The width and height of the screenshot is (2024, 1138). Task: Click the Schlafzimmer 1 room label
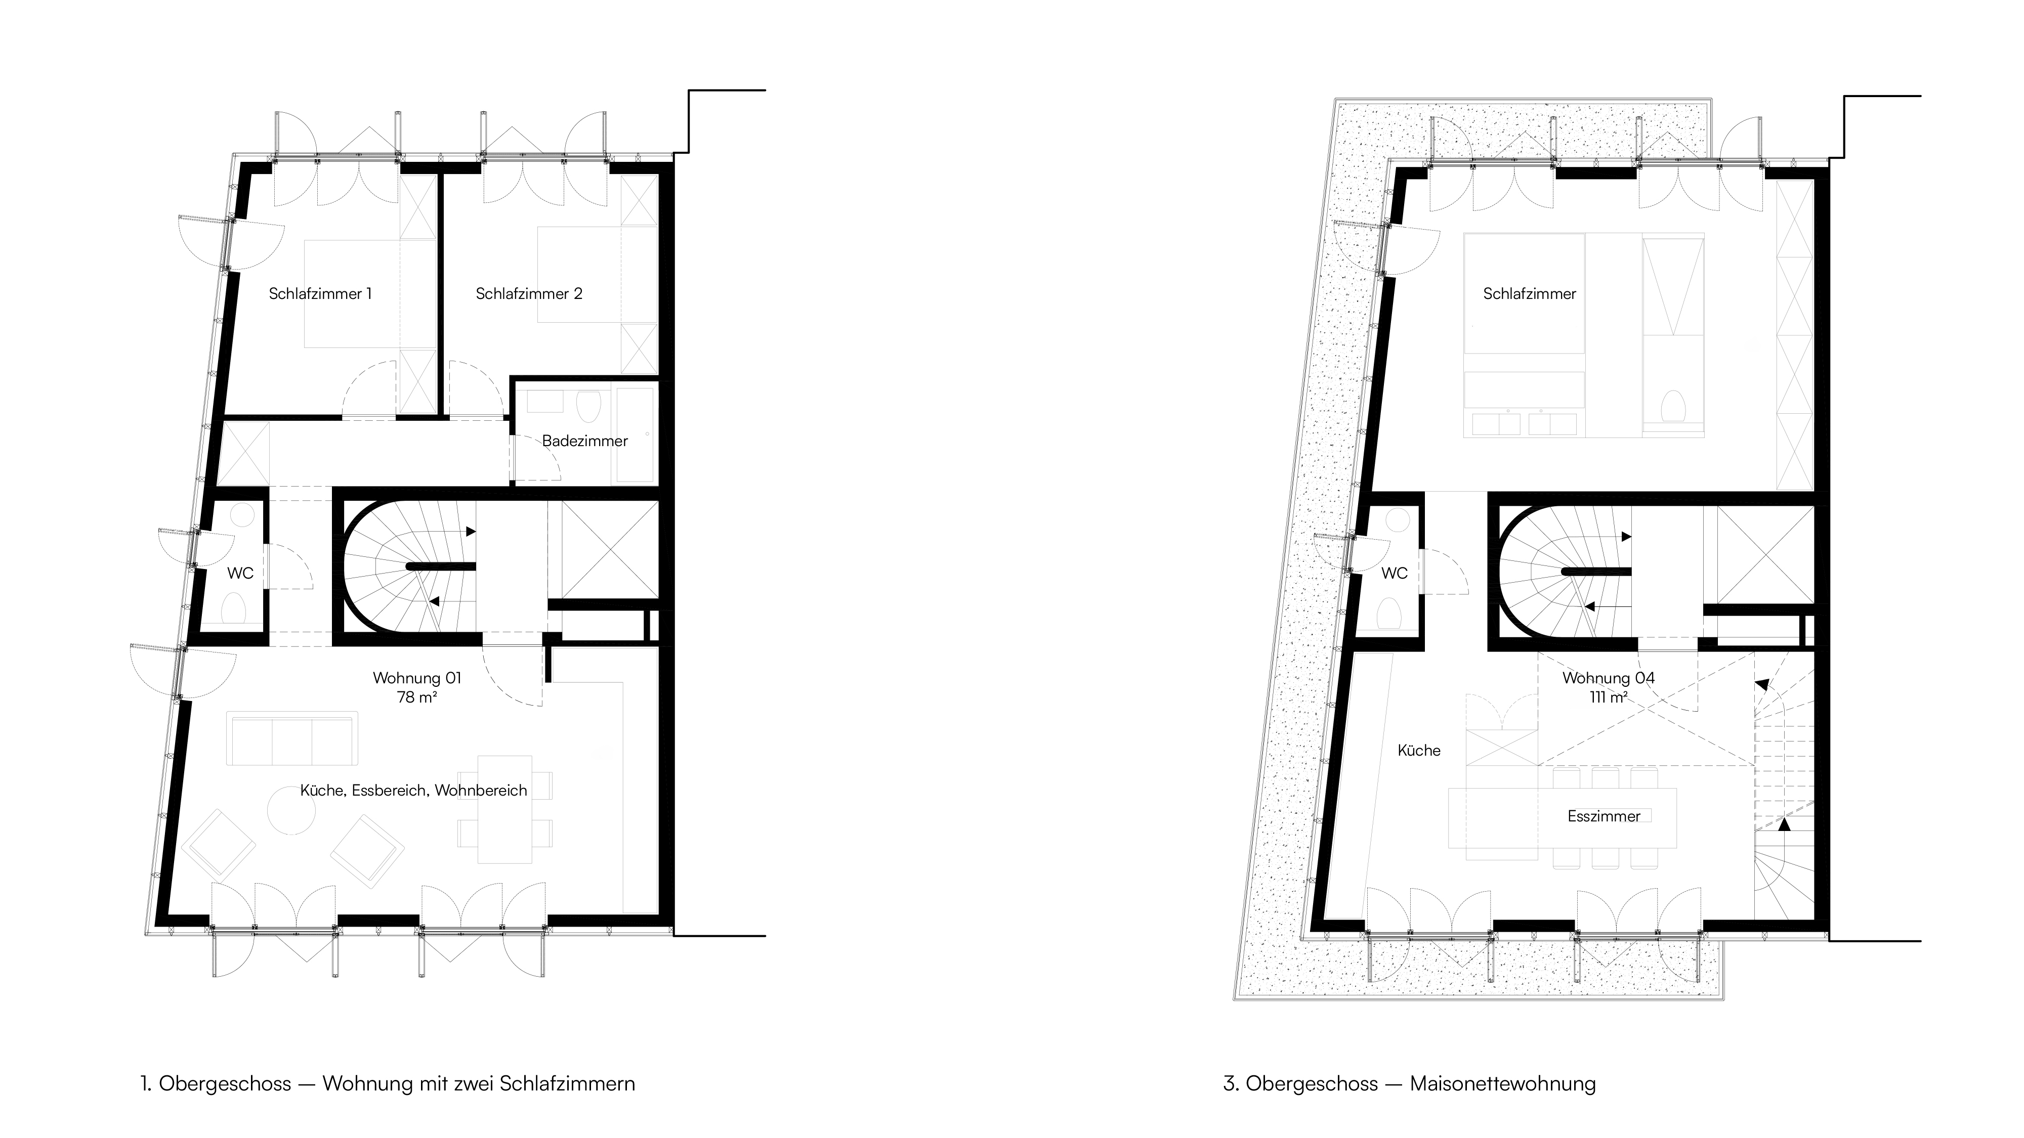point(320,294)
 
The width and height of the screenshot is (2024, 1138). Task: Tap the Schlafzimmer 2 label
point(529,294)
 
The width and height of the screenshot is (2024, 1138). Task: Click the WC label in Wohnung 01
point(240,574)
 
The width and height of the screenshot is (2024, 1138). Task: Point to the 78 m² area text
point(417,696)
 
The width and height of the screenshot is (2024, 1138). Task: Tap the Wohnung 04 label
point(1609,678)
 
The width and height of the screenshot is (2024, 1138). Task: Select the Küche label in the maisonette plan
point(1419,751)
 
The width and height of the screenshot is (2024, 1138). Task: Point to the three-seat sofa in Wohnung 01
point(292,738)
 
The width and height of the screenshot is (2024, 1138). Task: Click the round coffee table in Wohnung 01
point(291,810)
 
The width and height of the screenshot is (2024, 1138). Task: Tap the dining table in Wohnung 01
point(504,809)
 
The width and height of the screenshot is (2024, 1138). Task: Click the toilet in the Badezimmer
point(587,407)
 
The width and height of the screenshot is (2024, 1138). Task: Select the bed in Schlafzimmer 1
point(352,294)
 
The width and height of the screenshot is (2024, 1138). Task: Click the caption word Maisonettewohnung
point(1503,1084)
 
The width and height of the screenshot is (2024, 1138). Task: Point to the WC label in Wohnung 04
point(1395,574)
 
